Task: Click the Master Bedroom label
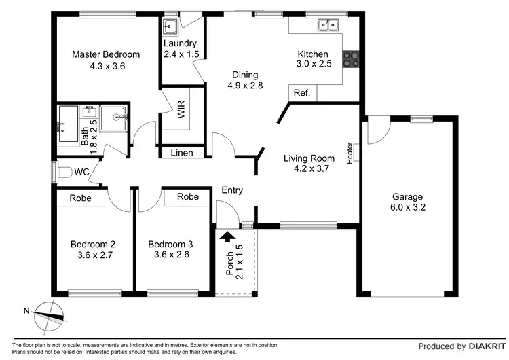(106, 54)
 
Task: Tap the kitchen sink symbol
(328, 26)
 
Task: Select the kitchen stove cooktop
(352, 60)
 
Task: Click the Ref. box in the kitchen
(301, 94)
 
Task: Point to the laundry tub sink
(170, 26)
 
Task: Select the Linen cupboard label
(181, 153)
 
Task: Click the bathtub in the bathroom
(69, 124)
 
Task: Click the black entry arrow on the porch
(228, 236)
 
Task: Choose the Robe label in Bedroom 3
(188, 197)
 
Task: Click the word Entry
(232, 191)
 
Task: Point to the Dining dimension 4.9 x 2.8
(245, 86)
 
